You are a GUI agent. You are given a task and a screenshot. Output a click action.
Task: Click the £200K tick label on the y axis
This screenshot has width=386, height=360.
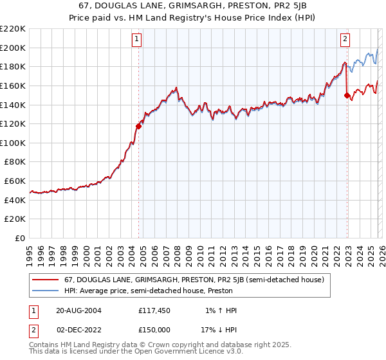pos(13,48)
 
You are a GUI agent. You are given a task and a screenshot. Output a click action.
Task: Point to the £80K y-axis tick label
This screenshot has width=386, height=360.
pos(15,162)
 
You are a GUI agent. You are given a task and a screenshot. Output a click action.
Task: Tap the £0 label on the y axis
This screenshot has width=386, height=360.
pos(21,239)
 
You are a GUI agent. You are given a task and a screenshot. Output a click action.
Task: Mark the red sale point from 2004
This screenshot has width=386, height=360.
pos(138,126)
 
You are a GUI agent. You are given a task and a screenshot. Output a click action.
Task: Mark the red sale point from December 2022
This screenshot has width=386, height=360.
pos(347,95)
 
